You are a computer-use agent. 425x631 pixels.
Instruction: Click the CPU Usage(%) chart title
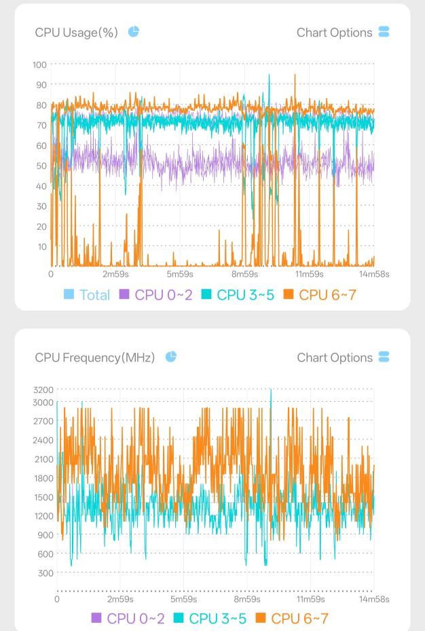click(x=76, y=33)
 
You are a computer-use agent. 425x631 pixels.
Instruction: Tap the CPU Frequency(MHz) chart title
click(x=95, y=358)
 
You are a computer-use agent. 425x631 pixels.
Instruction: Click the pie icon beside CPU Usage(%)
click(x=134, y=31)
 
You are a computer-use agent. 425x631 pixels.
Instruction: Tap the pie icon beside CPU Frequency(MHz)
click(x=171, y=356)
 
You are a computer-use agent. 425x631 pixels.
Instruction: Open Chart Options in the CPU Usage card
click(x=343, y=33)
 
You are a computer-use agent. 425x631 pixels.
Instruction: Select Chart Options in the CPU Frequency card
click(x=343, y=358)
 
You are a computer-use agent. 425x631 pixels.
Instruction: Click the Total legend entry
click(x=87, y=295)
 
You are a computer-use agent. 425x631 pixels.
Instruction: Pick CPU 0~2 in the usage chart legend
click(x=156, y=295)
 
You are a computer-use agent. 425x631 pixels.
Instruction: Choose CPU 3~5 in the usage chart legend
click(x=238, y=295)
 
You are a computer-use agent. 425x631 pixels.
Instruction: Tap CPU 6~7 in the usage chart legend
click(x=320, y=295)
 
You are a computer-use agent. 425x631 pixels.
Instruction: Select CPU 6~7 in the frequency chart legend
click(x=292, y=618)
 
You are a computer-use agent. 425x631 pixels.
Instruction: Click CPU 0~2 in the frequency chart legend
click(x=128, y=618)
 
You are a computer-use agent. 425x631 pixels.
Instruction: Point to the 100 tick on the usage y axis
click(x=40, y=65)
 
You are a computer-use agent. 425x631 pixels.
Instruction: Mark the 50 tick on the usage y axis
click(x=42, y=166)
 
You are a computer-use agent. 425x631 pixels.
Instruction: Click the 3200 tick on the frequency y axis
click(x=43, y=390)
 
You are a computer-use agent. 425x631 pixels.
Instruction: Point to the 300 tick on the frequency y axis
click(x=45, y=573)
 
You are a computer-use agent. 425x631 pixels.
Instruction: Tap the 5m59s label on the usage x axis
click(x=180, y=274)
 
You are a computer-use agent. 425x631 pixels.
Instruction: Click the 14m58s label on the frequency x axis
click(x=374, y=599)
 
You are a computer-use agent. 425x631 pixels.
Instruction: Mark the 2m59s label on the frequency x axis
click(x=120, y=599)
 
